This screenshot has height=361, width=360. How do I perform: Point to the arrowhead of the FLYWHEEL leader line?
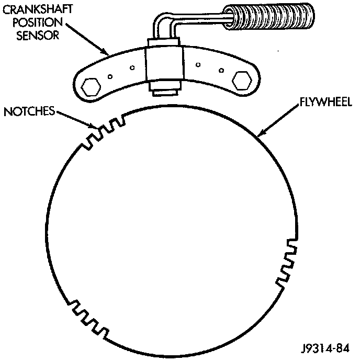click(x=260, y=137)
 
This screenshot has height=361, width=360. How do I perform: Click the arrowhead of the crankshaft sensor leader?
click(x=107, y=54)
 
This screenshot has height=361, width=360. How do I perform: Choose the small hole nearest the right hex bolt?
click(x=222, y=71)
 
